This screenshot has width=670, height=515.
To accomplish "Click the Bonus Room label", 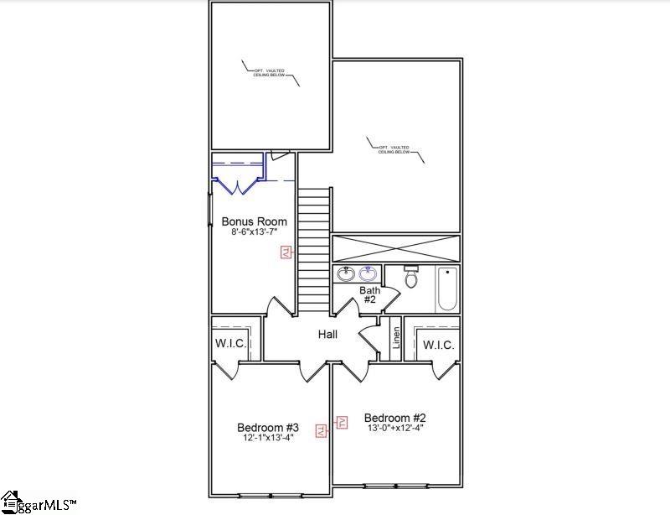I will pos(254,221).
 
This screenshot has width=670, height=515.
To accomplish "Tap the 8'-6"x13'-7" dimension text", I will pos(254,232).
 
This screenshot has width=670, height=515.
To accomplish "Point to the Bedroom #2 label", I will pos(395,418).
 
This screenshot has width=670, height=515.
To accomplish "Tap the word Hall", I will pos(327,335).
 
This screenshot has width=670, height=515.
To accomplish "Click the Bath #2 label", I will pos(369,295).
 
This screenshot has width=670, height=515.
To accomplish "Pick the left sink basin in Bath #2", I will pos(345,273).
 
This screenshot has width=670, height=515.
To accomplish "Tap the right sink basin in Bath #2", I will pos(368,273).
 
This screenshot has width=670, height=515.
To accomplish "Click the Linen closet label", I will pos(396,338).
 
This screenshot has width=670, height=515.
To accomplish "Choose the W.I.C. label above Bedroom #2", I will pos(438,345).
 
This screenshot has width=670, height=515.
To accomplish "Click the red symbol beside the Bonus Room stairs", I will pos(286,251).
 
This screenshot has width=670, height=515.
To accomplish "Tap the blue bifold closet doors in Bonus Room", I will pos(238,185).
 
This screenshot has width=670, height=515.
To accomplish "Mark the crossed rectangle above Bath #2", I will pos(397,248).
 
